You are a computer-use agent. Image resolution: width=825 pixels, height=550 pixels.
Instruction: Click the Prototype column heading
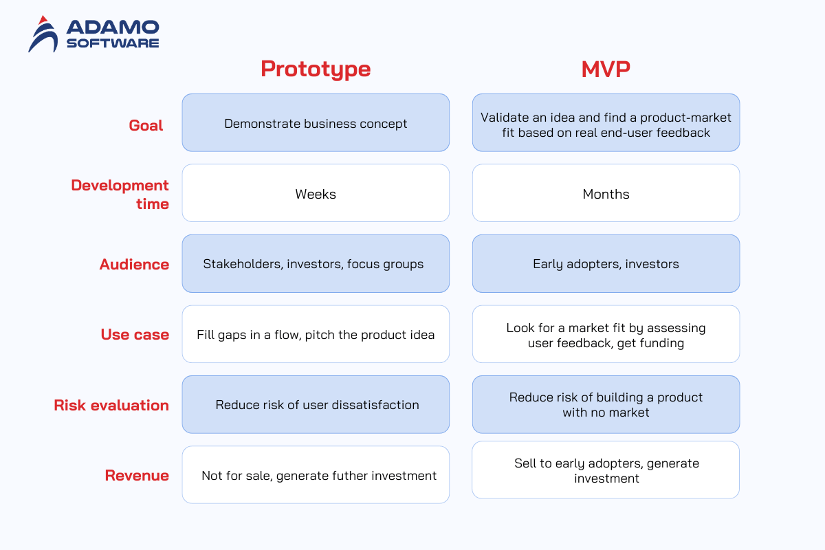pyautogui.click(x=316, y=69)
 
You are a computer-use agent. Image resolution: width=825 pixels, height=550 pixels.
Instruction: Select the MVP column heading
pyautogui.click(x=606, y=69)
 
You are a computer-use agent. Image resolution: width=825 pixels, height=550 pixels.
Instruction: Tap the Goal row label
pyautogui.click(x=146, y=125)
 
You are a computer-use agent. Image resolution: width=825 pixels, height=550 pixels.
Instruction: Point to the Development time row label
pyautogui.click(x=120, y=194)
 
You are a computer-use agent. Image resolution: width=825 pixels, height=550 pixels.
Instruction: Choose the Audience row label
pyautogui.click(x=135, y=264)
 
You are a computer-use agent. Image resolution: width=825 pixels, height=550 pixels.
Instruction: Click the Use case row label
pyautogui.click(x=135, y=335)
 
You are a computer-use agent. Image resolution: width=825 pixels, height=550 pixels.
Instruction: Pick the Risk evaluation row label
pyautogui.click(x=111, y=405)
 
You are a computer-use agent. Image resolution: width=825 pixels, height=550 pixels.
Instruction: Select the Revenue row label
pyautogui.click(x=137, y=475)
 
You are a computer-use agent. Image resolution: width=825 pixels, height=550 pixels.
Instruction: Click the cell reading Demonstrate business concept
pyautogui.click(x=316, y=122)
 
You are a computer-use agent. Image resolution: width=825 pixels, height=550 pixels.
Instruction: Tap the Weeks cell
pyautogui.click(x=316, y=193)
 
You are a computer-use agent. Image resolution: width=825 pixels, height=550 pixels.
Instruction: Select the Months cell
pyautogui.click(x=606, y=193)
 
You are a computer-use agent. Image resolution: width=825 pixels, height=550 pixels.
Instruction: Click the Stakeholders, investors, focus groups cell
pyautogui.click(x=316, y=264)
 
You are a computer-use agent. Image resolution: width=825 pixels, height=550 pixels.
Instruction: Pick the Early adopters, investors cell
pyautogui.click(x=606, y=264)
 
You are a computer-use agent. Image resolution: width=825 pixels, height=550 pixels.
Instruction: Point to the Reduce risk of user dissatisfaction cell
pyautogui.click(x=316, y=404)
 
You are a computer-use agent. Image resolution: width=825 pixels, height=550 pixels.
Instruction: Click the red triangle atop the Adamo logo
pyautogui.click(x=43, y=20)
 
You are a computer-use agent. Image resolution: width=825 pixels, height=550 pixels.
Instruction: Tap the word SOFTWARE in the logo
pyautogui.click(x=113, y=43)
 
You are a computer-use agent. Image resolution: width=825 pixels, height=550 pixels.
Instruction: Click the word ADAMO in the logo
pyautogui.click(x=113, y=27)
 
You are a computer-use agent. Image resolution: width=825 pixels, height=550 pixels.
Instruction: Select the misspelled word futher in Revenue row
pyautogui.click(x=350, y=476)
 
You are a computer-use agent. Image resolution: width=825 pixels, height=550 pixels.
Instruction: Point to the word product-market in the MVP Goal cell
pyautogui.click(x=685, y=118)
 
